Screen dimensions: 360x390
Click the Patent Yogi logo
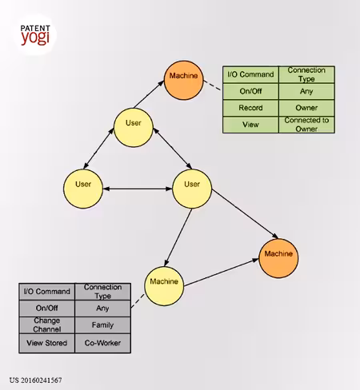pos(35,34)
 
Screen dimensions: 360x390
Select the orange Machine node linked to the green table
pos(183,80)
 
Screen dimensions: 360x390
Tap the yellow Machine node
pos(164,286)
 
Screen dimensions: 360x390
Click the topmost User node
pos(134,127)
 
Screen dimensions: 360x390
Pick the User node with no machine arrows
pos(83,189)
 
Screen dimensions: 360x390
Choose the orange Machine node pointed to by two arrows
pos(278,258)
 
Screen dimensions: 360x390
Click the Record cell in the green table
pos(250,108)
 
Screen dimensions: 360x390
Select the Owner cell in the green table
pos(306,108)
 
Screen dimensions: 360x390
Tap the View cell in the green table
pos(250,125)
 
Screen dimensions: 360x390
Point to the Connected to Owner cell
pos(306,125)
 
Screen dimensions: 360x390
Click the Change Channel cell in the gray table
pos(47,325)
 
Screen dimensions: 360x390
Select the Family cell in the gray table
pos(103,325)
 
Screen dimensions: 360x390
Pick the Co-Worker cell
pos(103,343)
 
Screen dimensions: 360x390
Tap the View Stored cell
pos(47,343)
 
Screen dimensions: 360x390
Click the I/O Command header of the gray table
pos(47,292)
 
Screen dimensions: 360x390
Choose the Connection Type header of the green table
pos(306,74)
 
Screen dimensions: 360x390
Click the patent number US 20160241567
pos(36,380)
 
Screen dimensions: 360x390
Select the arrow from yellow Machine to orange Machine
pos(221,273)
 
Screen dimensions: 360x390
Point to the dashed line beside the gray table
pos(138,301)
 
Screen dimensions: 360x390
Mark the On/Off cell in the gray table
pos(47,308)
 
